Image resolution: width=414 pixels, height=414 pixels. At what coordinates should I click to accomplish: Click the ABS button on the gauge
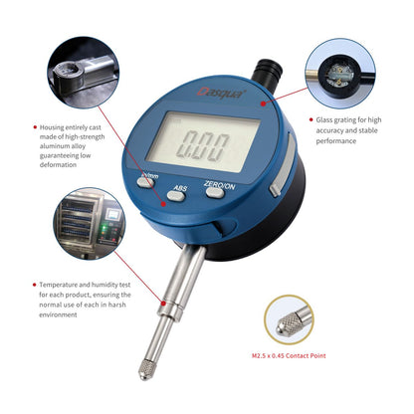[180, 194]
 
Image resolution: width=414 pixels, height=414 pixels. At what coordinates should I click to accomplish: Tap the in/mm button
[147, 182]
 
